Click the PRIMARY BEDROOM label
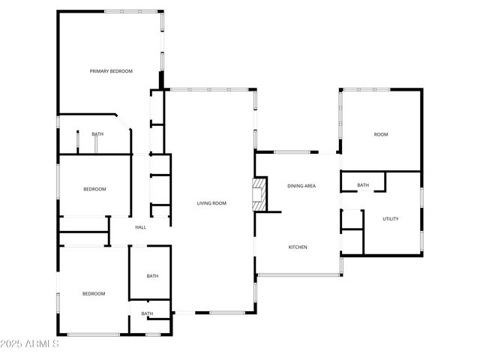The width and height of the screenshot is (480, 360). point(111,71)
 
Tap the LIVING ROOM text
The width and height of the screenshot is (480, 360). point(211,203)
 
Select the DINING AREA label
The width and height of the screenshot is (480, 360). point(301,185)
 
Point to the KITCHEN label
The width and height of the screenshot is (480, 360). point(298,247)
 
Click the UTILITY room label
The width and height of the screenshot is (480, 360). point(391,219)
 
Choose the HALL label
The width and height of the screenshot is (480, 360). point(140,227)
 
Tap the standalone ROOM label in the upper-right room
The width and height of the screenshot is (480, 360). point(381,134)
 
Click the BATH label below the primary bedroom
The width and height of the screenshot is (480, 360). point(97,134)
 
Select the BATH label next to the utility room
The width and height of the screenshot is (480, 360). point(363,185)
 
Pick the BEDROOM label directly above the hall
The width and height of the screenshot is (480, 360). point(94,189)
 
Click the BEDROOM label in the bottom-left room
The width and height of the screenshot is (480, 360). point(94,293)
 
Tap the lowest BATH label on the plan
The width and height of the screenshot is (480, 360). point(147,313)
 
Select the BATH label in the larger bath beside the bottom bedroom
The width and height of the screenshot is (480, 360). point(152,276)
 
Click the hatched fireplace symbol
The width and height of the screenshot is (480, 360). point(259,191)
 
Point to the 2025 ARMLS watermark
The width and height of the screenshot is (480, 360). point(30,344)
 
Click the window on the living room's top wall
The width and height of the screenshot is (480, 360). point(211,89)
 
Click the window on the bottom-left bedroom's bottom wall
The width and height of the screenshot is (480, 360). point(94,334)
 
